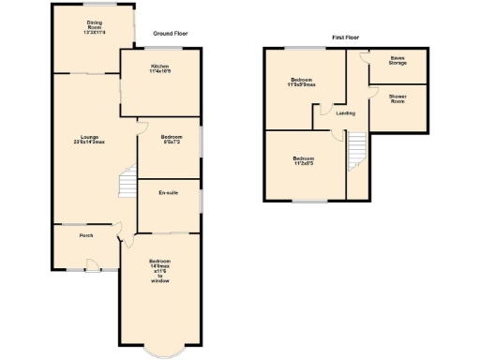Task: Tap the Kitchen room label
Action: [160, 68]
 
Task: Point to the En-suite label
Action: [169, 192]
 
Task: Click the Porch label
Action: [86, 235]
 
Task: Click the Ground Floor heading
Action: [170, 32]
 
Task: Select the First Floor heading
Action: [346, 37]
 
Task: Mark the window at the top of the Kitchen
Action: [160, 48]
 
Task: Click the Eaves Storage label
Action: [398, 61]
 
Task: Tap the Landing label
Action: [331, 114]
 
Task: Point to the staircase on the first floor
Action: [357, 149]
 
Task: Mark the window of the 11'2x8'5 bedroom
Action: [305, 201]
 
